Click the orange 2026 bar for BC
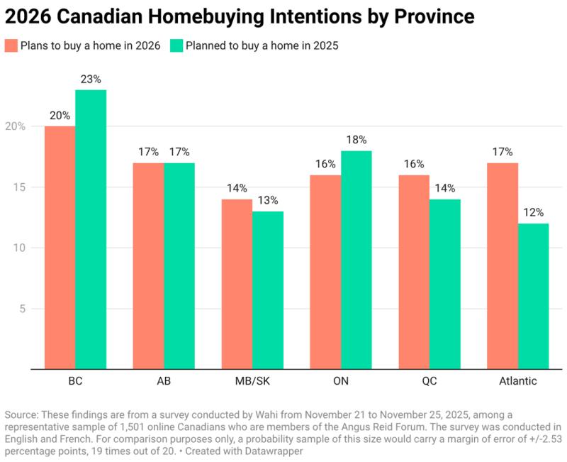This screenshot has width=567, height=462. coord(60,248)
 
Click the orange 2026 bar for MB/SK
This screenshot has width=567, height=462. coord(237,284)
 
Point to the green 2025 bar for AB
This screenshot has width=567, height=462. coord(179,266)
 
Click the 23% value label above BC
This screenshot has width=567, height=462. coord(91,79)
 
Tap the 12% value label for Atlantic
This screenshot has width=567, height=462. coord(534,213)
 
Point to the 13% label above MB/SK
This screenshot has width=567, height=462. coord(268,201)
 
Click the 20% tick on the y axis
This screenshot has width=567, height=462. coord(16,126)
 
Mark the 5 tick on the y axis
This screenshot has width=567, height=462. coord(22,309)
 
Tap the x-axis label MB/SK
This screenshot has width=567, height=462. coord(252,381)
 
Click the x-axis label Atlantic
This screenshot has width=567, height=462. coord(517,381)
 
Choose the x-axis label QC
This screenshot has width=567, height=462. coord(430,381)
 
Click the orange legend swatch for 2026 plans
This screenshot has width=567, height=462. coord(12,46)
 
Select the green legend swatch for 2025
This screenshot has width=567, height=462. coord(176,46)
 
